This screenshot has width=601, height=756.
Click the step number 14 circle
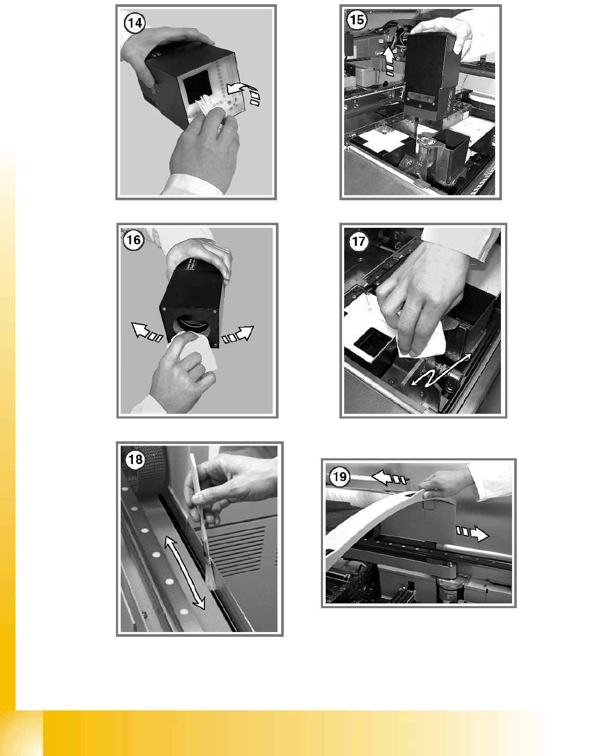click(x=135, y=23)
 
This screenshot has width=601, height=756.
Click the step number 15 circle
click(x=357, y=20)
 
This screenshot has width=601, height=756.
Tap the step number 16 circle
click(x=133, y=241)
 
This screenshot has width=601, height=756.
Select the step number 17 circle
click(x=358, y=242)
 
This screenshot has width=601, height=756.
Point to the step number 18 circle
click(x=136, y=459)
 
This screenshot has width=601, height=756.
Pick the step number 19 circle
click(x=339, y=477)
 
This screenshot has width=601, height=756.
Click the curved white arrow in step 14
click(x=244, y=92)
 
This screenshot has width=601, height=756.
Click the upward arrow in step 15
click(x=389, y=61)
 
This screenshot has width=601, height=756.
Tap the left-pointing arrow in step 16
click(x=147, y=332)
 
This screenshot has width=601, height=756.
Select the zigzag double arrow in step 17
click(x=441, y=370)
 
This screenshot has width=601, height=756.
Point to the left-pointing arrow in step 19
click(x=389, y=478)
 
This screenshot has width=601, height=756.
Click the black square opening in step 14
click(x=196, y=86)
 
